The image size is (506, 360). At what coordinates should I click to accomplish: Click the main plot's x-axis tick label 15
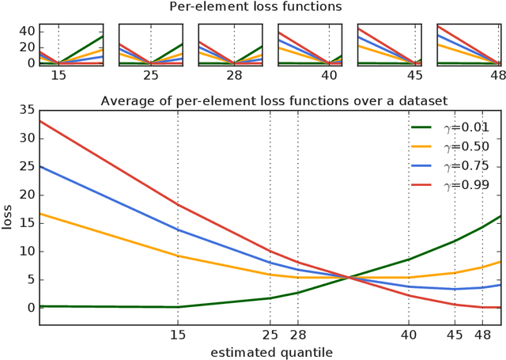click(x=177, y=334)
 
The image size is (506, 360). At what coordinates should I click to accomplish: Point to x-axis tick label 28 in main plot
click(x=298, y=334)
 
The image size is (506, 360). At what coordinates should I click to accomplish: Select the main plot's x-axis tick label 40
click(x=408, y=334)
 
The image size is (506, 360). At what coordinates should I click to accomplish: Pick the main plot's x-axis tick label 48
click(x=482, y=334)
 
